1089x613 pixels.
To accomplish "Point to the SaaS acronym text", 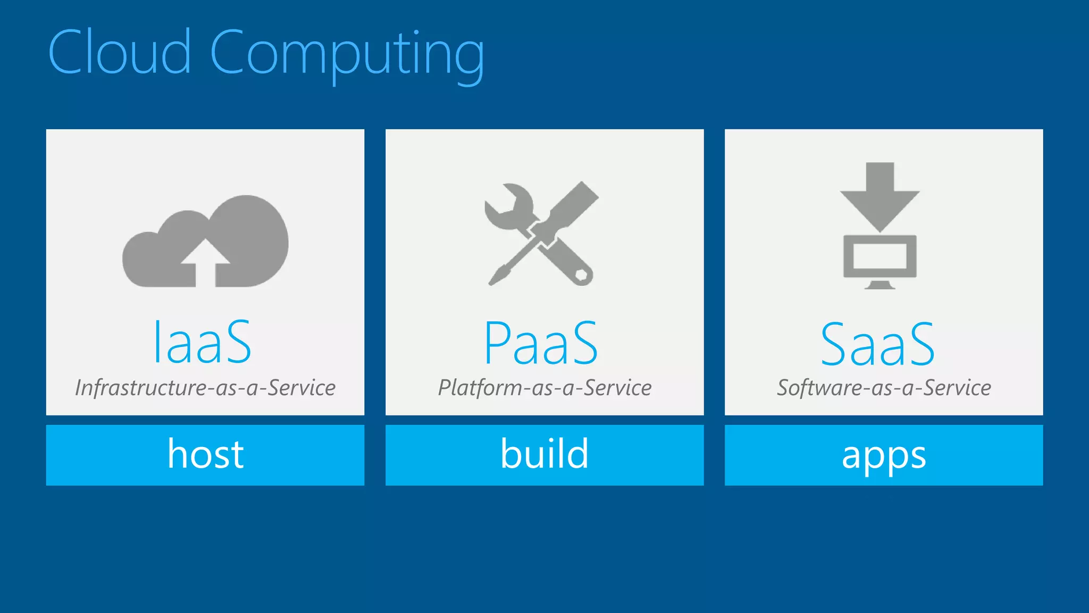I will [877, 344].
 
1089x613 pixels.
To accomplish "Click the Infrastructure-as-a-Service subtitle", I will [205, 387].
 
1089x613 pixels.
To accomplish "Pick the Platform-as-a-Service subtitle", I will [544, 387].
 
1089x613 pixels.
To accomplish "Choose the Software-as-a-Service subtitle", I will [884, 387].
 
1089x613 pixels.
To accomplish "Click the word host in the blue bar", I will [205, 454].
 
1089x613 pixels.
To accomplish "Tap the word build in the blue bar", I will [544, 454].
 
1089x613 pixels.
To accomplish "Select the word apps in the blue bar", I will [884, 456].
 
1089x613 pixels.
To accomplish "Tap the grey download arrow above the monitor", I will [879, 197].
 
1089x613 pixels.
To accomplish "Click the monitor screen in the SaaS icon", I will [879, 256].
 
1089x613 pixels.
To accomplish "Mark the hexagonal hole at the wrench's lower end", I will [582, 275].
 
